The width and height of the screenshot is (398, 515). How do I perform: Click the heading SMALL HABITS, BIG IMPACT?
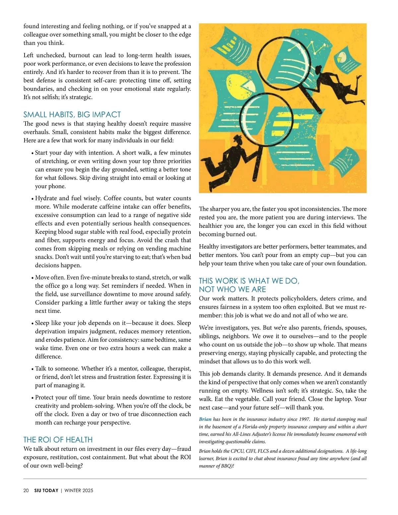tap(72, 115)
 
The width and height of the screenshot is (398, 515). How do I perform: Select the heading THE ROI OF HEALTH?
tap(58, 440)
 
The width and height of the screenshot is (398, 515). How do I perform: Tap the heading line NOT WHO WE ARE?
tap(232, 290)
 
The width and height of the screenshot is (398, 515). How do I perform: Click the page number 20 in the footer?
tap(26, 490)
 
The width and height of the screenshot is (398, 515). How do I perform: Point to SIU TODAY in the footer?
tap(46, 490)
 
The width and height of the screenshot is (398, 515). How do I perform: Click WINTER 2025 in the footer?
tap(79, 490)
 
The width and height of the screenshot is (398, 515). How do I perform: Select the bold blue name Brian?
tap(205, 419)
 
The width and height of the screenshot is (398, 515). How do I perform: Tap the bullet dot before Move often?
tap(33, 278)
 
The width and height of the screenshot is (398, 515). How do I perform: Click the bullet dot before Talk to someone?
tap(33, 369)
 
